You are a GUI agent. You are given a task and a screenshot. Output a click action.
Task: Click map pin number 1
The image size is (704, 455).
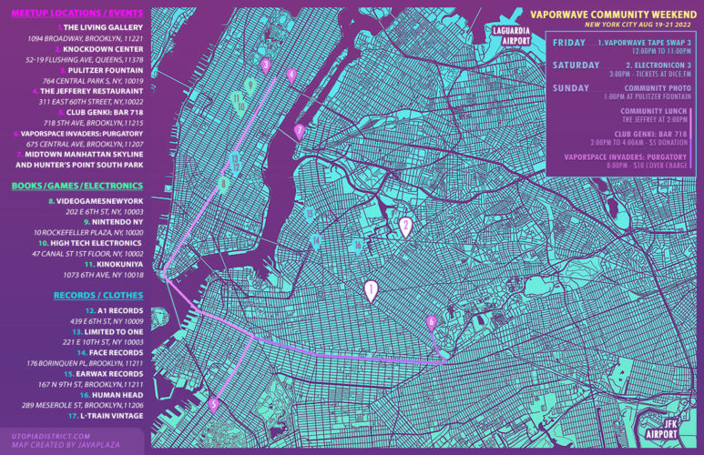point(370,290)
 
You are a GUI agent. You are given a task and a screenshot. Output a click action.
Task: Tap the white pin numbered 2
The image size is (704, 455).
point(406,227)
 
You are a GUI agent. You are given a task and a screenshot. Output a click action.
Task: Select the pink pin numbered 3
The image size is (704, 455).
point(265,66)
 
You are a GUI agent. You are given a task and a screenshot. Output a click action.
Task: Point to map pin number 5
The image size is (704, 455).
point(213,406)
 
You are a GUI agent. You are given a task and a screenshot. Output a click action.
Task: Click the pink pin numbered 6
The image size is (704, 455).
point(432,322)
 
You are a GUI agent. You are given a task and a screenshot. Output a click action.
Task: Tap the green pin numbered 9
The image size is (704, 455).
point(249,86)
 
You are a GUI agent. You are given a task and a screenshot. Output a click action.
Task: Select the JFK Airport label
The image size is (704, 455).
point(670,429)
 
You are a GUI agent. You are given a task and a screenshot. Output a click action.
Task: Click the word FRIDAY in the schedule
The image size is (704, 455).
point(568,43)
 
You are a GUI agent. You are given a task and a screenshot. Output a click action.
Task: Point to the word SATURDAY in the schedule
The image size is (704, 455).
point(573,66)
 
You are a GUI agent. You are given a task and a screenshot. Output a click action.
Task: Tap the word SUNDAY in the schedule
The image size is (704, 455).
point(570,88)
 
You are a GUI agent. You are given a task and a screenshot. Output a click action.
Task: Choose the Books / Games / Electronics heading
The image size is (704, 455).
point(73,186)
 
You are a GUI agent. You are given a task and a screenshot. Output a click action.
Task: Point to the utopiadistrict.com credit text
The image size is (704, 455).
point(50,436)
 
